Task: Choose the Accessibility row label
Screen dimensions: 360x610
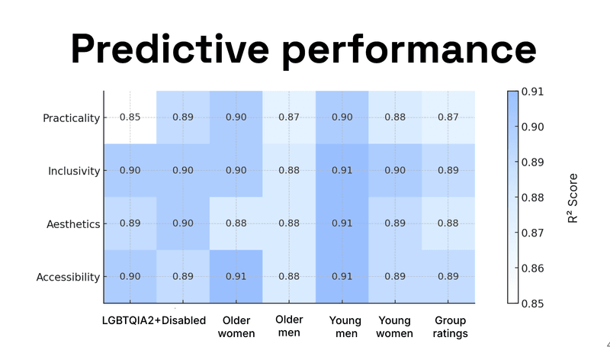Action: (x=68, y=277)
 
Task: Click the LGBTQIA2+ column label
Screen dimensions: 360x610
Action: (x=130, y=320)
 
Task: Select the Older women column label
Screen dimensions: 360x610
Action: (x=236, y=326)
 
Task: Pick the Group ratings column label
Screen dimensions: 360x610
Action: (x=449, y=326)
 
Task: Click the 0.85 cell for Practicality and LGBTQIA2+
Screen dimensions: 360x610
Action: (x=130, y=117)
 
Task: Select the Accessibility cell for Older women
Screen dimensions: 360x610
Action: (x=236, y=277)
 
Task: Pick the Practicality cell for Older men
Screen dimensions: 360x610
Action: (x=289, y=117)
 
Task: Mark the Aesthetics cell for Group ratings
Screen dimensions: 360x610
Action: (x=449, y=224)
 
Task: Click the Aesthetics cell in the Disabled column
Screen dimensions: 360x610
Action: (x=183, y=224)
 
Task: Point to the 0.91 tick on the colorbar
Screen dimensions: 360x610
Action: (x=532, y=92)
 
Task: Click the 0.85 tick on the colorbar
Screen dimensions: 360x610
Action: (x=532, y=304)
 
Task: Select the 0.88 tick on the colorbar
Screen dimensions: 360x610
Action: (x=532, y=198)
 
